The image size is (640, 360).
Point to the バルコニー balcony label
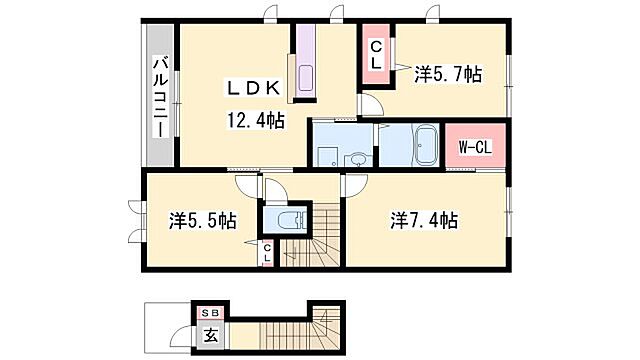coord(158,97)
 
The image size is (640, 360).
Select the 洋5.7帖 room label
coord(449,73)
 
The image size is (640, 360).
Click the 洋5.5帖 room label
coord(203,220)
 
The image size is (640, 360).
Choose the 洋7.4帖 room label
coord(425,220)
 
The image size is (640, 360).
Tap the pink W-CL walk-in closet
coord(474,147)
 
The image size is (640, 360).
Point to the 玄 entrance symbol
coord(212,335)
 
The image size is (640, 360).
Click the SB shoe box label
coord(211,313)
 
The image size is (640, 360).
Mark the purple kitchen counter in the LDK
coord(304,62)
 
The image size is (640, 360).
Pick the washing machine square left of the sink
coord(326,155)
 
